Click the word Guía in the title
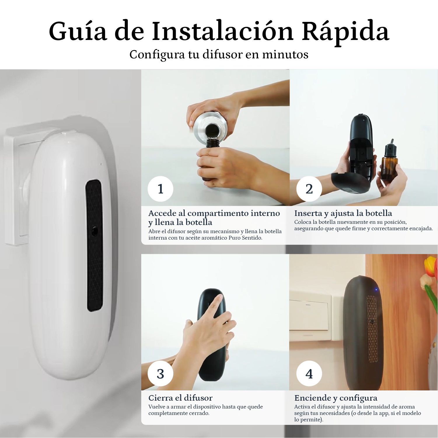point(78,31)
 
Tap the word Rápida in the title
point(345,31)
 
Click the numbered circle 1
point(160,189)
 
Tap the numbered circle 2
point(309,189)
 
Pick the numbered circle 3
point(160,374)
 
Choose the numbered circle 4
point(309,374)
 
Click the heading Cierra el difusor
point(180,398)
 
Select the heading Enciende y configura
point(336,398)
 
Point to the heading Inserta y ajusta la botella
point(343,213)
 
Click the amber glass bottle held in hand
point(389,160)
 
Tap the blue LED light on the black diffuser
point(376,290)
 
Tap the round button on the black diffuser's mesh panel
point(372,321)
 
